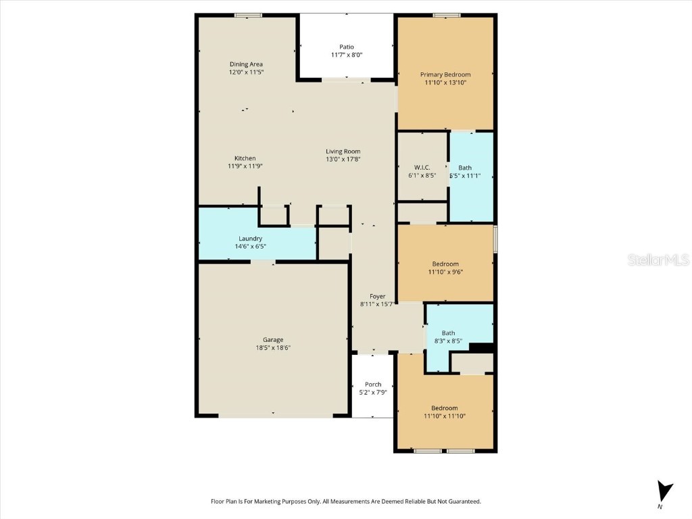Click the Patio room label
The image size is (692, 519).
click(x=347, y=47)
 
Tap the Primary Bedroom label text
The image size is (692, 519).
click(x=445, y=74)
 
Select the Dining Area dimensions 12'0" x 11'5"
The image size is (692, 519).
click(x=246, y=72)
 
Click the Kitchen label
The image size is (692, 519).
click(x=245, y=158)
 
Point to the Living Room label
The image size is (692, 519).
click(x=343, y=151)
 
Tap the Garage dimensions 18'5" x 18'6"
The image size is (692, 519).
click(x=273, y=347)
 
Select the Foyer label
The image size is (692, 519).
click(x=377, y=296)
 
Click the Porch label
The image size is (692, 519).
click(x=373, y=385)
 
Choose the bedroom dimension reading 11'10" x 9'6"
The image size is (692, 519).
click(x=445, y=272)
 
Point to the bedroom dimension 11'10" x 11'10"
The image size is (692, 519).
click(x=445, y=416)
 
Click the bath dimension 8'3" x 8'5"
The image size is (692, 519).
click(x=448, y=341)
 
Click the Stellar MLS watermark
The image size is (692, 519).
click(x=658, y=259)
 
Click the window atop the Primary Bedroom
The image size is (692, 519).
click(x=447, y=15)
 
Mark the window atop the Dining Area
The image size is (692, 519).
click(x=248, y=15)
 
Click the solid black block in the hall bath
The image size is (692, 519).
click(x=482, y=348)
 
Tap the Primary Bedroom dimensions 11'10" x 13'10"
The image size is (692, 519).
click(x=445, y=82)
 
